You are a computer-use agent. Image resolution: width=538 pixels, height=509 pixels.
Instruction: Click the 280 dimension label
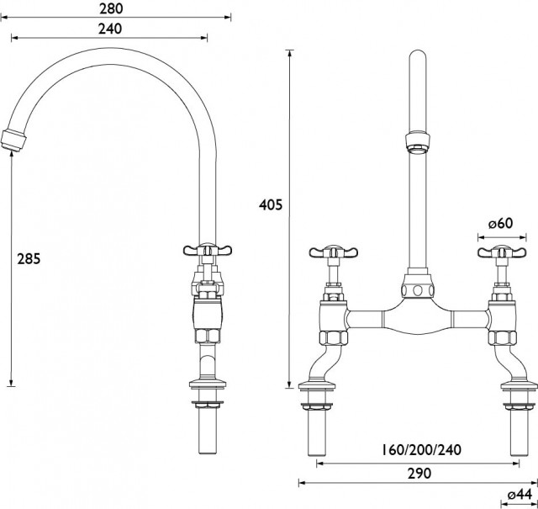pyautogui.click(x=111, y=8)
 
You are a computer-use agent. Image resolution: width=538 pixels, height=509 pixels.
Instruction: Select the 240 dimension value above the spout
pyautogui.click(x=110, y=29)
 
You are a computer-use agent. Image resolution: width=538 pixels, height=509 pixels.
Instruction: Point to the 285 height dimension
pyautogui.click(x=29, y=258)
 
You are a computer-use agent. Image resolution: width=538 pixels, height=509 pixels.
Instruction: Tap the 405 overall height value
pyautogui.click(x=271, y=204)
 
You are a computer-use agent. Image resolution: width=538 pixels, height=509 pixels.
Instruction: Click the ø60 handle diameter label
pyautogui.click(x=501, y=223)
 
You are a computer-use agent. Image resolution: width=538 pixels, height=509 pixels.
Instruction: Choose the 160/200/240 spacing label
pyautogui.click(x=422, y=449)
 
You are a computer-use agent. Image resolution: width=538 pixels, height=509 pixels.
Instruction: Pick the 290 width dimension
pyautogui.click(x=419, y=474)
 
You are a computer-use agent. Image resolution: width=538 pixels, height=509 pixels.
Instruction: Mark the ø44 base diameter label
pyautogui.click(x=520, y=495)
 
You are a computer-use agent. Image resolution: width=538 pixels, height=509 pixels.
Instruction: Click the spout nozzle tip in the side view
pyautogui.click(x=13, y=141)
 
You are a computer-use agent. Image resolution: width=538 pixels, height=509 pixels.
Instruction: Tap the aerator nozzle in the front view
pyautogui.click(x=418, y=142)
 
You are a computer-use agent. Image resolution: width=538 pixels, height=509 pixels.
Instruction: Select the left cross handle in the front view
pyautogui.click(x=333, y=252)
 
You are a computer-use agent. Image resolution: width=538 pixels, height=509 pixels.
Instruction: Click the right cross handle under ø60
pyautogui.click(x=502, y=252)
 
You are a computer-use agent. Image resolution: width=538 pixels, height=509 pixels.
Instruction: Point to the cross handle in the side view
pyautogui.click(x=208, y=250)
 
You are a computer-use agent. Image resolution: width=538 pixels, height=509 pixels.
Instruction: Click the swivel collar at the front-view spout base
pyautogui.click(x=417, y=288)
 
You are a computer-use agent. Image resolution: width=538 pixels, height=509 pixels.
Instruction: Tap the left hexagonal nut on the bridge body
pyautogui.click(x=334, y=337)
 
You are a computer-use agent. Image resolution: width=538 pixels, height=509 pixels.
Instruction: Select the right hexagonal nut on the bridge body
pyautogui.click(x=502, y=337)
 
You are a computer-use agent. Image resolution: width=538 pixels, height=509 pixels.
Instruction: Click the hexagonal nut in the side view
pyautogui.click(x=208, y=336)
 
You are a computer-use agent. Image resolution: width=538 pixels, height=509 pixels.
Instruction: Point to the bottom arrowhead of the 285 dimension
pyautogui.click(x=11, y=382)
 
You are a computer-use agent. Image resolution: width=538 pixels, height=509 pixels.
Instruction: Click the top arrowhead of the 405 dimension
pyautogui.click(x=290, y=55)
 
